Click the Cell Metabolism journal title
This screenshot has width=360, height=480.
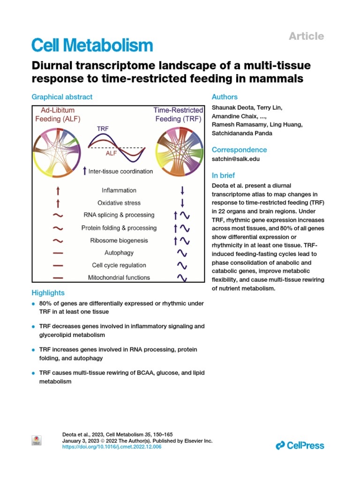point(92,45)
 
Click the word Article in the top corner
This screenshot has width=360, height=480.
point(306,36)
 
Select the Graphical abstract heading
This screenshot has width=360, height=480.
point(62,97)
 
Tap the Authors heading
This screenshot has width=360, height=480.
point(225,97)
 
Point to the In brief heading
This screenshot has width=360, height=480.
point(224,176)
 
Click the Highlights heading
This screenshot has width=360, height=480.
point(48,292)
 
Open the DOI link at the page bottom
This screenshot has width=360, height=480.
point(112,447)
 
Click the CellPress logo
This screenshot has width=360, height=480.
point(300,445)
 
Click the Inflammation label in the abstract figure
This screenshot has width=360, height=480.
point(119,190)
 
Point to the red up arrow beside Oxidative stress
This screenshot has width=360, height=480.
point(58,203)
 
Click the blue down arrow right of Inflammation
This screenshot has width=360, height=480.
point(182,190)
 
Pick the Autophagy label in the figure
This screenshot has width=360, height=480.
point(119,253)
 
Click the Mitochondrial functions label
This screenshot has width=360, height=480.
point(119,277)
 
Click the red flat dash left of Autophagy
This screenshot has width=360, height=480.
point(58,253)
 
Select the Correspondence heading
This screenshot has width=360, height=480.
point(239,150)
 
